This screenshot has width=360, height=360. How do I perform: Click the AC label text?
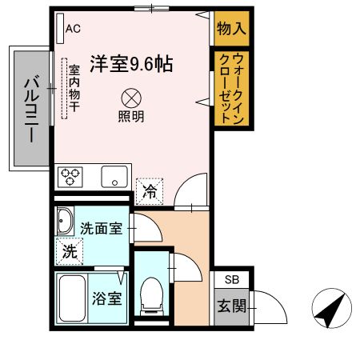[74, 30]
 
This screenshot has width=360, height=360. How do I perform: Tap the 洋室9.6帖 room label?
[132, 62]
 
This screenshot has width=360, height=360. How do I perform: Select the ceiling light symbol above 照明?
[131, 98]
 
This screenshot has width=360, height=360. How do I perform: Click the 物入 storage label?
[231, 30]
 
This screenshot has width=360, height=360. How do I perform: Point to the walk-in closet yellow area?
[231, 87]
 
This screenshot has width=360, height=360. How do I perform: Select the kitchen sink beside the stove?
[114, 176]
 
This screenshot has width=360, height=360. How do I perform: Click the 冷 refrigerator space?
[149, 190]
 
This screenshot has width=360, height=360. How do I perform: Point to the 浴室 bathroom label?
[106, 300]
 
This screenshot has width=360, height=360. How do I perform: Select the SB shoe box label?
[231, 279]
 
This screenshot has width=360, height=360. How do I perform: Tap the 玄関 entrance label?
[232, 306]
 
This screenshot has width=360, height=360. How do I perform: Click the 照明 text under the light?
[131, 117]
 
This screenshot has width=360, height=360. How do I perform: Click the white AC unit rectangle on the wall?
[61, 30]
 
